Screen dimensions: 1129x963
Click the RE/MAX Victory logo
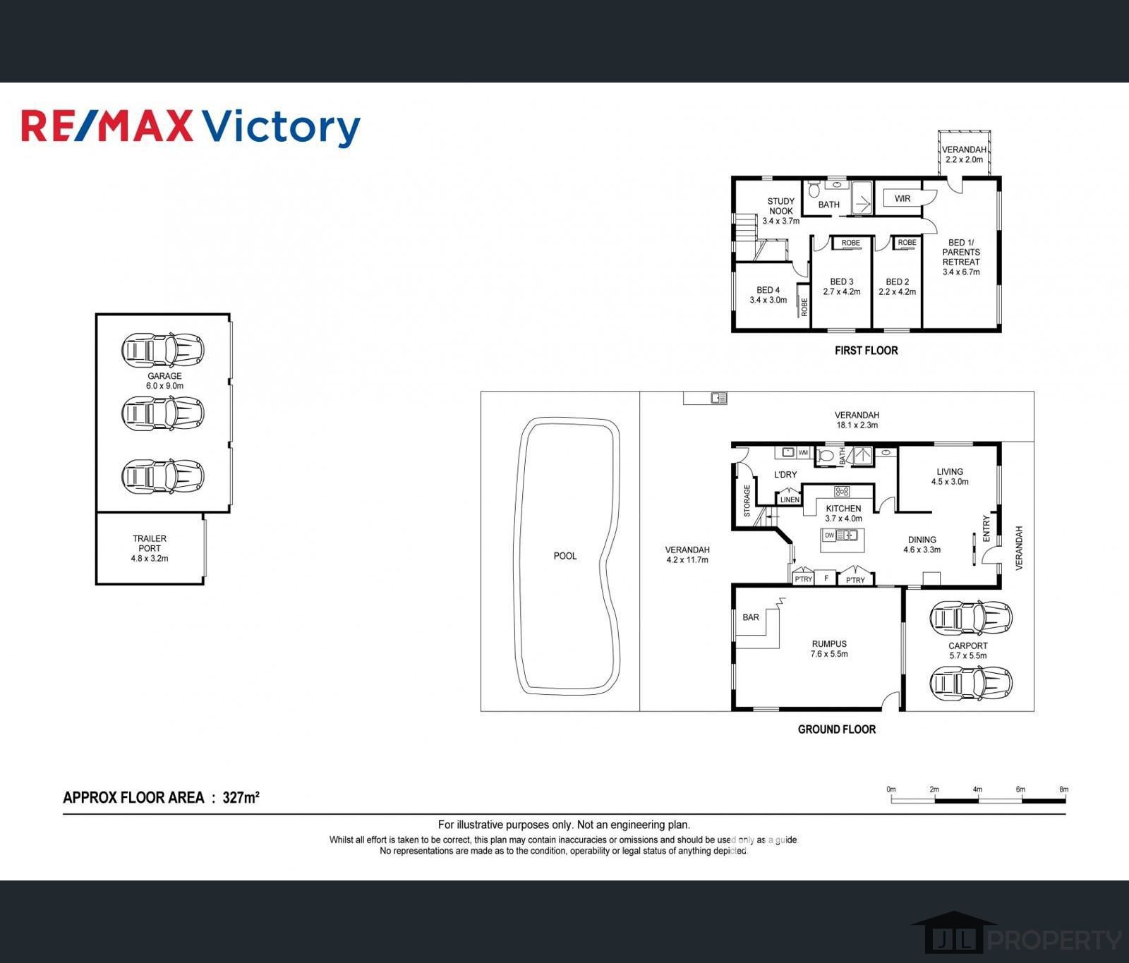(x=191, y=127)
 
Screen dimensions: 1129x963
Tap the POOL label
(x=565, y=556)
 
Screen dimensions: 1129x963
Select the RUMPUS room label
(x=829, y=643)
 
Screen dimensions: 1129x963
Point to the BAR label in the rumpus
(x=751, y=617)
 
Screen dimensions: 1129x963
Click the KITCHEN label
(x=843, y=508)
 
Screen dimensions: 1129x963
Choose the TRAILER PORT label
(x=150, y=543)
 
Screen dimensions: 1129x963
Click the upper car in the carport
(x=971, y=618)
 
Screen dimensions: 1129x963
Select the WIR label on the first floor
(x=902, y=199)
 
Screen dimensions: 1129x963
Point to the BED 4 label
(x=768, y=290)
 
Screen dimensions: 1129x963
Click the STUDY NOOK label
(x=781, y=206)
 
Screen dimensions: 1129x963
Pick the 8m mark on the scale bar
(x=1064, y=789)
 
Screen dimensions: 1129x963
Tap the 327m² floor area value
(x=241, y=798)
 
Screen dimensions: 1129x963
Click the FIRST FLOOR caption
(x=866, y=350)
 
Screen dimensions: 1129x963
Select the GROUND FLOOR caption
(x=837, y=729)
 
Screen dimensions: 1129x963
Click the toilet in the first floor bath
(x=813, y=189)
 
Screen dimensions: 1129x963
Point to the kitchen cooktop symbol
(x=842, y=492)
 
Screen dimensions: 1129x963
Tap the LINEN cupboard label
(x=790, y=499)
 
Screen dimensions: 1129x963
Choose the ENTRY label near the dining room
(x=986, y=528)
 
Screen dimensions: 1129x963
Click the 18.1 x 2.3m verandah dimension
(x=857, y=425)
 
